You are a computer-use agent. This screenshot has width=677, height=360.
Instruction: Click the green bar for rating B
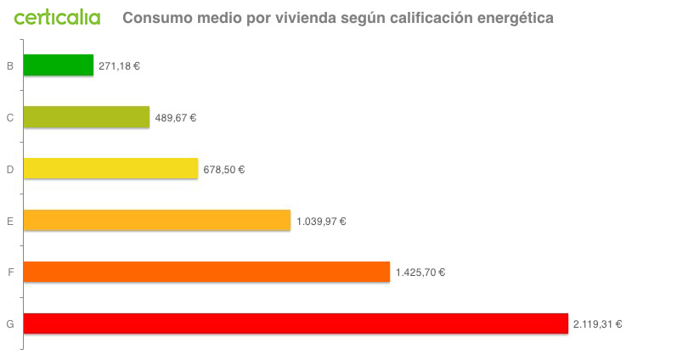tap(58, 65)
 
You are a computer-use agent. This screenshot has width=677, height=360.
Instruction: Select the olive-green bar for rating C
tap(86, 117)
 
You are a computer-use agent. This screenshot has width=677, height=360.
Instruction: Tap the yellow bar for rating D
tap(110, 169)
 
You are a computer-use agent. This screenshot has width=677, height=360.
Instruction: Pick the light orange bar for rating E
tap(156, 221)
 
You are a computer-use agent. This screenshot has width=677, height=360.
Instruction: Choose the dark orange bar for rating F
tap(206, 273)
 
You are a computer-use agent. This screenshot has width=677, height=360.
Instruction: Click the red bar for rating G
tap(295, 323)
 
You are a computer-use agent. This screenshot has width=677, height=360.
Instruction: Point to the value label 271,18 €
tap(119, 65)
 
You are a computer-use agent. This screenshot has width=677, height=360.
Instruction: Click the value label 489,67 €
tap(176, 118)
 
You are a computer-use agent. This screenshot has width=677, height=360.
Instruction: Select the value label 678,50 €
tap(224, 170)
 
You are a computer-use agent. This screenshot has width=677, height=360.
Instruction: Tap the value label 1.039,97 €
tap(321, 222)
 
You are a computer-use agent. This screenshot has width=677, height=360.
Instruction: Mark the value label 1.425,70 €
tap(420, 273)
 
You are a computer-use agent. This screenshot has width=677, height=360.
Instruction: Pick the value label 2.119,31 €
tap(598, 323)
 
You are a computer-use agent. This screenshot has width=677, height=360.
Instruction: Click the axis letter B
tap(10, 65)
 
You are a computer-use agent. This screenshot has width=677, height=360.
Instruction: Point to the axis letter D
tap(10, 170)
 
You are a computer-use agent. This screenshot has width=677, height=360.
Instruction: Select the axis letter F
tap(10, 273)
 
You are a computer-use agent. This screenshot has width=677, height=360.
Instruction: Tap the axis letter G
tap(10, 324)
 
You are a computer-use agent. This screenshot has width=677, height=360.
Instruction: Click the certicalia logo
tap(57, 17)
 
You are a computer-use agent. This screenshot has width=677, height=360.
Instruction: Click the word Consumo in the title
tap(155, 18)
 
